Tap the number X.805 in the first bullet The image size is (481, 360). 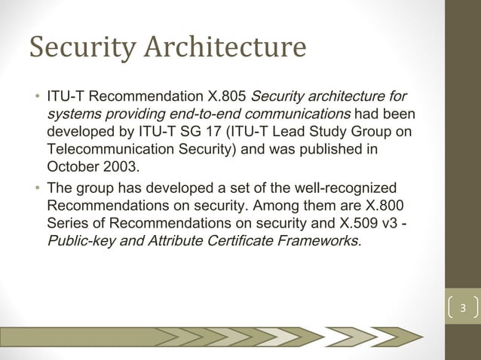point(225,98)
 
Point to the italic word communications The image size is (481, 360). point(300,114)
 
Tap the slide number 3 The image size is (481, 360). point(464,310)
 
